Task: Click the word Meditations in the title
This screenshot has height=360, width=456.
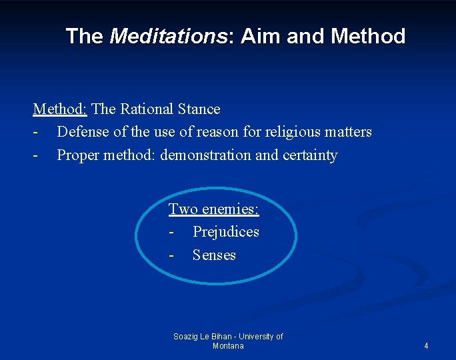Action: click(x=168, y=36)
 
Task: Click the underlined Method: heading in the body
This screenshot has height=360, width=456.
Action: click(x=60, y=109)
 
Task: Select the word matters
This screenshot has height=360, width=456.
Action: click(x=348, y=132)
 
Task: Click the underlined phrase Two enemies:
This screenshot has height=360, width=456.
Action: click(x=213, y=209)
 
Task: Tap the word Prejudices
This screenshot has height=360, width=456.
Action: click(x=225, y=232)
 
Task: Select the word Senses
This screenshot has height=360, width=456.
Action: click(x=214, y=255)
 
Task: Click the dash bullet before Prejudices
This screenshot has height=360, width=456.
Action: click(x=171, y=233)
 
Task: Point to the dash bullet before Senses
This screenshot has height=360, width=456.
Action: click(x=171, y=256)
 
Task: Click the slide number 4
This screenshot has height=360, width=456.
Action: click(x=426, y=346)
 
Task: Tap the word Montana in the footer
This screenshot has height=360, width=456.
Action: click(x=228, y=346)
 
